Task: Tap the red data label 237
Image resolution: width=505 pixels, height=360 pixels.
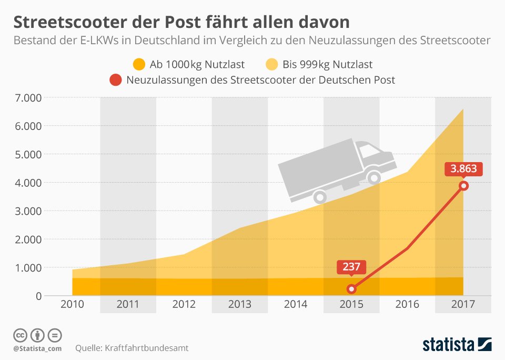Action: (351, 267)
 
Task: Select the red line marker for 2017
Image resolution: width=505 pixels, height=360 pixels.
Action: (463, 186)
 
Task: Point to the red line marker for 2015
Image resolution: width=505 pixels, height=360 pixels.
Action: (351, 289)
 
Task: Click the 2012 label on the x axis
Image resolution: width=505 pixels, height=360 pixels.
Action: (184, 304)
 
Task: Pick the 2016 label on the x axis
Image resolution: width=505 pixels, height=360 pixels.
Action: (407, 304)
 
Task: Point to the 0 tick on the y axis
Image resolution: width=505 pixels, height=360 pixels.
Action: (38, 296)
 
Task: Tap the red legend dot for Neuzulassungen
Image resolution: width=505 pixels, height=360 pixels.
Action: (115, 81)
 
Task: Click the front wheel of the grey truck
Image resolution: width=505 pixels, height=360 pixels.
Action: (375, 178)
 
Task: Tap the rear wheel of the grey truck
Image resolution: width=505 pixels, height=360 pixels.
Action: (320, 198)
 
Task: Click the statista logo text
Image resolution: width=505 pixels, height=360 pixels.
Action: (447, 345)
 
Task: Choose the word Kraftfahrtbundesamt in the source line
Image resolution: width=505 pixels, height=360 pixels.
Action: (147, 348)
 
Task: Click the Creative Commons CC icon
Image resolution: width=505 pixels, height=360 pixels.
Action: (21, 335)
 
